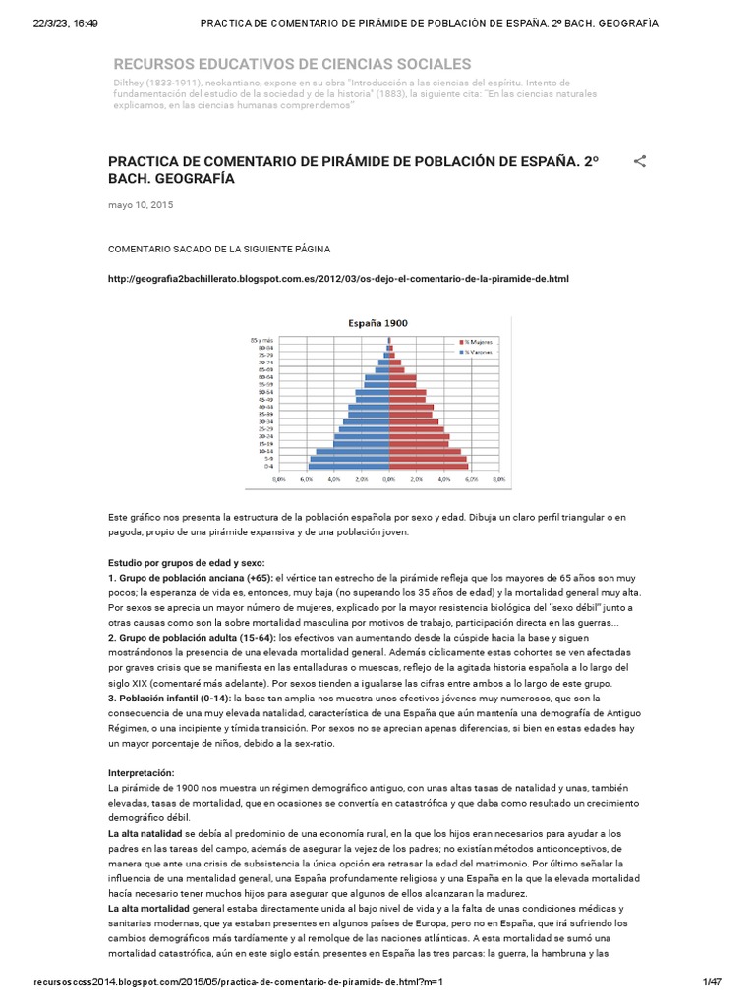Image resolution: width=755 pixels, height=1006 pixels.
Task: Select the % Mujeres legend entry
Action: click(479, 342)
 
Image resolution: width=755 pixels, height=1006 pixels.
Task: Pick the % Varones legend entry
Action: click(479, 350)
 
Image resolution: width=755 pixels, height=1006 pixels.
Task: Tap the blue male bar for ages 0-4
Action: click(349, 466)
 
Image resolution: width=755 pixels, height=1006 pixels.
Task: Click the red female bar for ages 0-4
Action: click(429, 466)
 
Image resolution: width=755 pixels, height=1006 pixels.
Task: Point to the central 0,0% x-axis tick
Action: click(389, 480)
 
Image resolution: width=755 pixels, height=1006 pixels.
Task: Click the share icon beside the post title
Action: click(640, 161)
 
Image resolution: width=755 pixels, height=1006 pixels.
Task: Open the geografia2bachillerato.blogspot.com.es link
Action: click(338, 279)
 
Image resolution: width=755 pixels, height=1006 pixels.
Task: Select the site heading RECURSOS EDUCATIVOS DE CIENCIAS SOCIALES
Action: click(292, 63)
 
